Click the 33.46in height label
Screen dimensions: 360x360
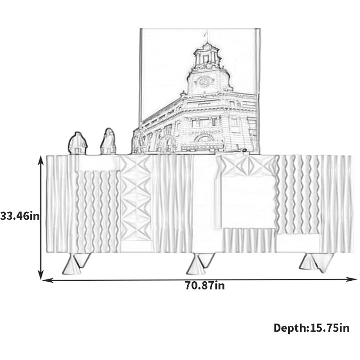(x=20, y=216)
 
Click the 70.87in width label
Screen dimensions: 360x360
(x=205, y=286)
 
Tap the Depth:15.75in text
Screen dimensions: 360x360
(x=311, y=328)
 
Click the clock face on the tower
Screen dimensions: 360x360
(x=204, y=81)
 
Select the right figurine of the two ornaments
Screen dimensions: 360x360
(x=108, y=141)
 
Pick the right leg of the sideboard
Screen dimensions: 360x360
(x=316, y=262)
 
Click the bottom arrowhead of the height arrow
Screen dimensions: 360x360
(x=41, y=275)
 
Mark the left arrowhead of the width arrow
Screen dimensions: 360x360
(x=47, y=280)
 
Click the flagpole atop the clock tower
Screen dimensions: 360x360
(x=207, y=36)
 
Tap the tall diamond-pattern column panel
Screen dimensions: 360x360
(x=136, y=198)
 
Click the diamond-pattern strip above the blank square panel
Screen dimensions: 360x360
(x=248, y=166)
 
